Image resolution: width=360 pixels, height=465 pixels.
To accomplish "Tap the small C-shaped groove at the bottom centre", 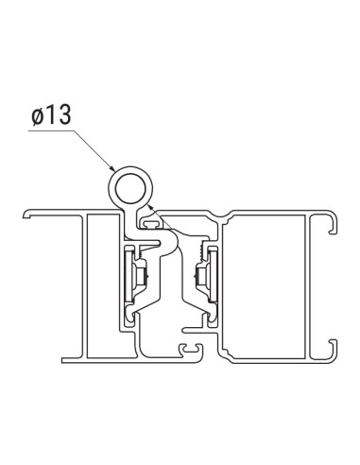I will tap(193, 351).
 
